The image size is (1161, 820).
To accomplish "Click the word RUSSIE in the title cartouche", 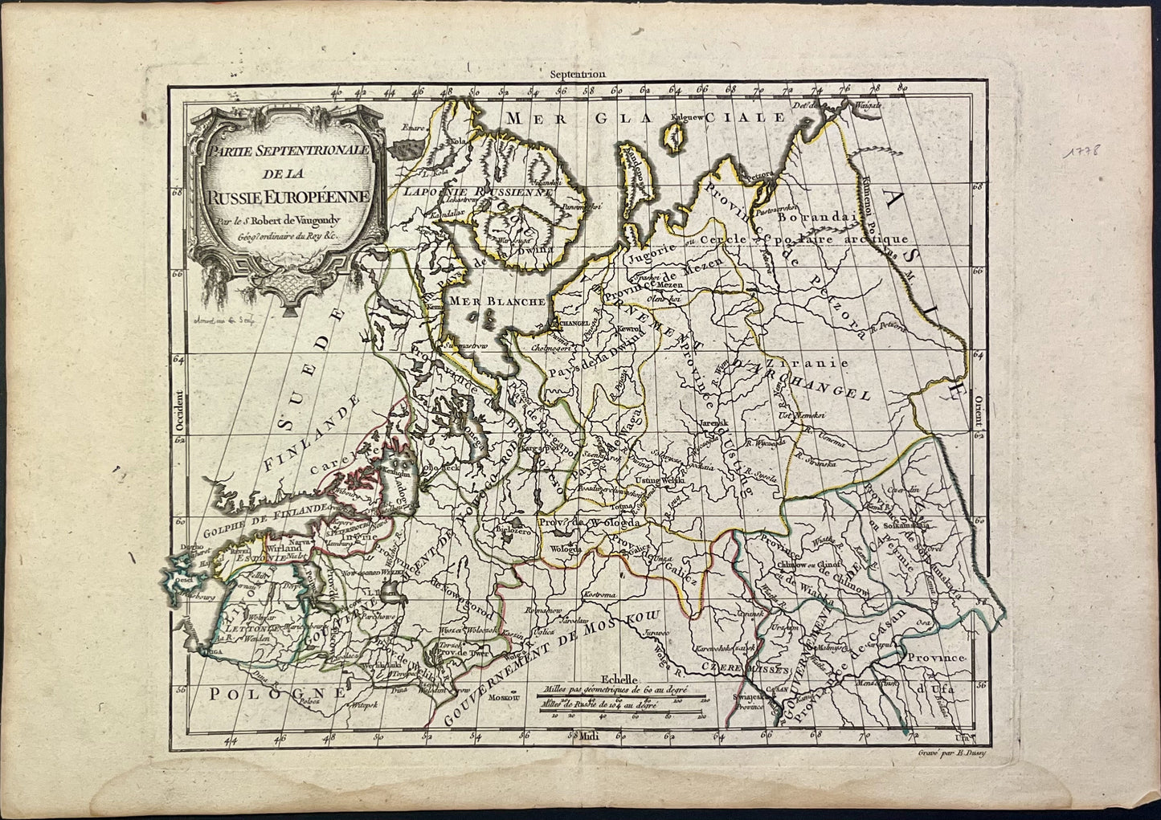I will coord(239,194).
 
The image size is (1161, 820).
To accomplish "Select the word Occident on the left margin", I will coord(180,411).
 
